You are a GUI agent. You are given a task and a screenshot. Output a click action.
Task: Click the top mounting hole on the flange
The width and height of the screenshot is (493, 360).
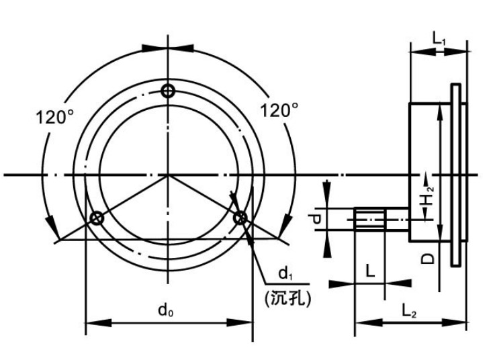(168, 91)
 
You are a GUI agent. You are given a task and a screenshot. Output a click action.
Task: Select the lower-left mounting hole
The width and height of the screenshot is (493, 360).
(97, 218)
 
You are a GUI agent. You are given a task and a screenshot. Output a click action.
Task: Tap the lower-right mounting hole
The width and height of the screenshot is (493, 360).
(240, 218)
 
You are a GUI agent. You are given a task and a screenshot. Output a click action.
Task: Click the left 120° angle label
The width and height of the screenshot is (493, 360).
(54, 118)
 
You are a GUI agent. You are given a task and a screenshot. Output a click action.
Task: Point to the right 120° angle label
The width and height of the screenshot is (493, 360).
(279, 110)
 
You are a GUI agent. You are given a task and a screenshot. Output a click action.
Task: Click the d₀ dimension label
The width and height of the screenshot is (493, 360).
(165, 311)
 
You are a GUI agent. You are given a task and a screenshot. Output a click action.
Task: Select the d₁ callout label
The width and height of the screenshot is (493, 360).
(285, 273)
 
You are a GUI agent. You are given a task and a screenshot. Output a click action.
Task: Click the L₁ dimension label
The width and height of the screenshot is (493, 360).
(439, 38)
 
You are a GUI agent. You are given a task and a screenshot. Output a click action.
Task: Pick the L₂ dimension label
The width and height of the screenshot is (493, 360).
(409, 311)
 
